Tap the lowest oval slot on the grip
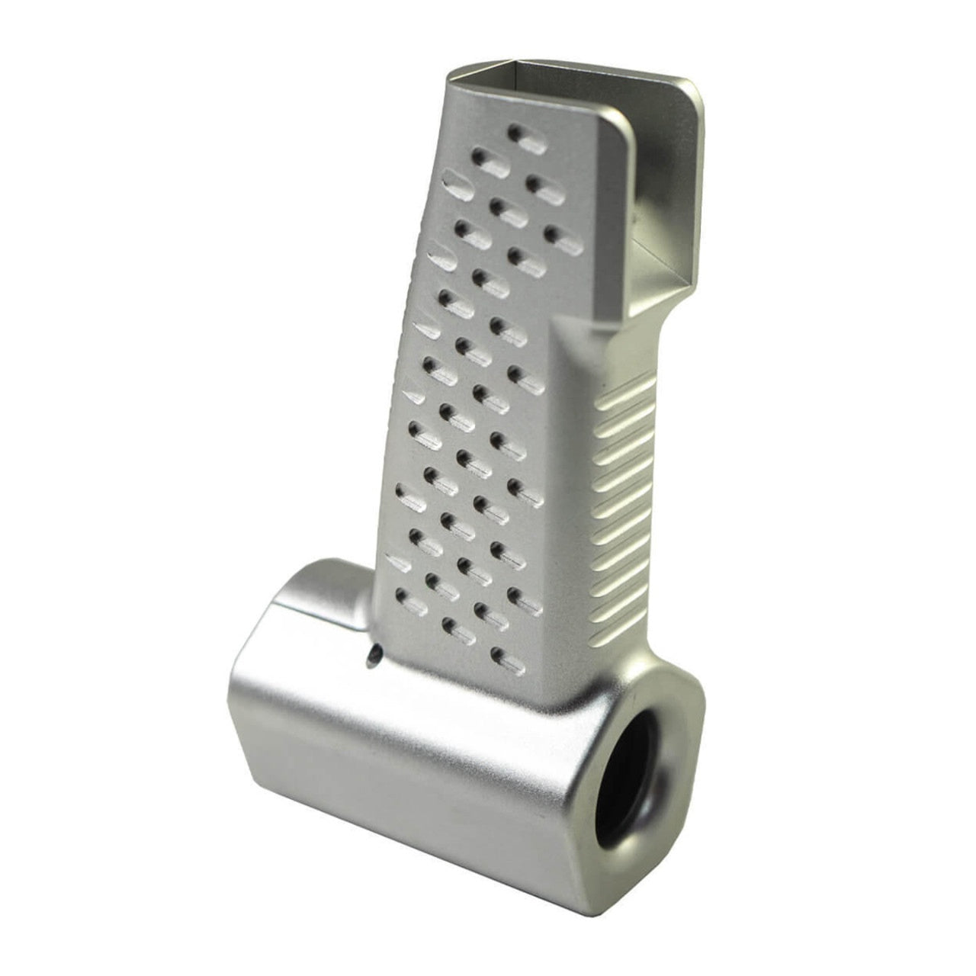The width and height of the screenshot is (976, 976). click(x=509, y=662)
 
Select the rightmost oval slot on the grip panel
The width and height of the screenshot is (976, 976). click(x=565, y=239)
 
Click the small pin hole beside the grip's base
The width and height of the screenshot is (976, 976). click(x=373, y=654)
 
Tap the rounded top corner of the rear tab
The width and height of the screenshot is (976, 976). click(x=690, y=91)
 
